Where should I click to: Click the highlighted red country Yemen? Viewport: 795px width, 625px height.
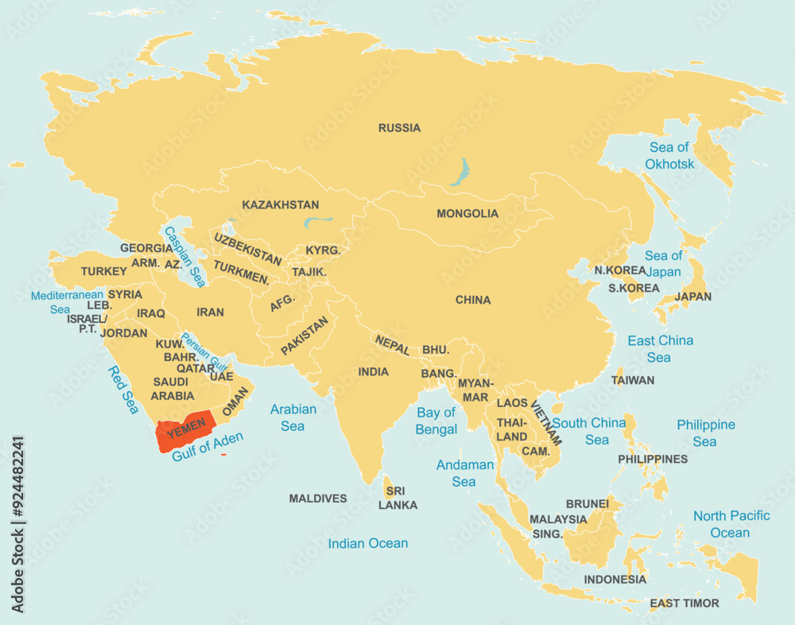point(184,433)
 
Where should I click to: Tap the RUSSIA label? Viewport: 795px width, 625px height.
point(399,128)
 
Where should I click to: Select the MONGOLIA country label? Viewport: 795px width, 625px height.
point(467,214)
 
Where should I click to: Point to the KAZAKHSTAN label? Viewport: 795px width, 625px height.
point(281,205)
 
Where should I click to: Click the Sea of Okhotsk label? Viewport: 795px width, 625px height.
point(669,156)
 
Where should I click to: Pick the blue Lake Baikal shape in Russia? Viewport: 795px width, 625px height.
point(460,171)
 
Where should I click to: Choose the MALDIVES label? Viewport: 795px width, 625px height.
point(318,499)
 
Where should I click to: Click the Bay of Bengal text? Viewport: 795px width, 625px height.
point(436,421)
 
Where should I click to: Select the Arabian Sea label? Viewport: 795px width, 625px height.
point(293,417)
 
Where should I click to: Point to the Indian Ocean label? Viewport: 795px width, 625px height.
point(368,543)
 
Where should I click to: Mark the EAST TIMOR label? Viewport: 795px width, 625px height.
point(684,604)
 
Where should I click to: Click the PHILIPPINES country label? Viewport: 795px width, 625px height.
point(653,459)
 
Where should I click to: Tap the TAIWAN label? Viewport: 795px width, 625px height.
point(633,380)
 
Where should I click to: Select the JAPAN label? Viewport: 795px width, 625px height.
point(693,297)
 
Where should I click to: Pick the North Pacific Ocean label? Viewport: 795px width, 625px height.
point(731,524)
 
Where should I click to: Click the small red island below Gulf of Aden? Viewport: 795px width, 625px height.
point(224,455)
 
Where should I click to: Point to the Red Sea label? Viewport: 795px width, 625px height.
point(123,390)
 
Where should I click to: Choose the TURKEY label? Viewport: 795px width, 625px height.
point(103,271)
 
